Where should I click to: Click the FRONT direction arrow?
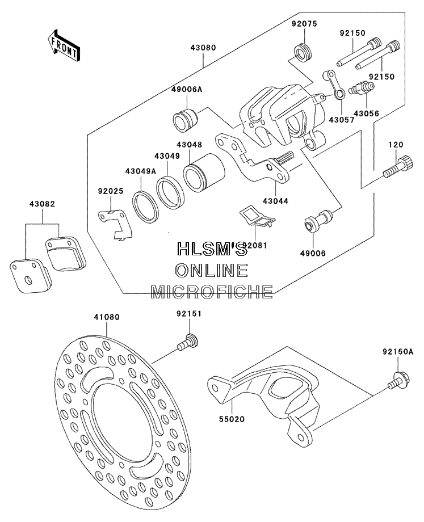(x=62, y=45)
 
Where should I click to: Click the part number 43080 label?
(x=203, y=48)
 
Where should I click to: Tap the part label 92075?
(x=304, y=24)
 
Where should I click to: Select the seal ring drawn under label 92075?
(x=303, y=52)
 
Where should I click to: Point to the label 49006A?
(x=187, y=90)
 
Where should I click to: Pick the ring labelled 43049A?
(x=144, y=207)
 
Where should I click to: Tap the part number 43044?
(x=275, y=201)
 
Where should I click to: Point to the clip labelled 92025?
(x=115, y=224)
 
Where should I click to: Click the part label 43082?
(x=42, y=204)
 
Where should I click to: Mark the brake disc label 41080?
(x=106, y=317)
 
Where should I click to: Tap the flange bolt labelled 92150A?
(x=398, y=381)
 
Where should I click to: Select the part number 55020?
(x=232, y=419)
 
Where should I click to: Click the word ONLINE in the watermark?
(x=212, y=270)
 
